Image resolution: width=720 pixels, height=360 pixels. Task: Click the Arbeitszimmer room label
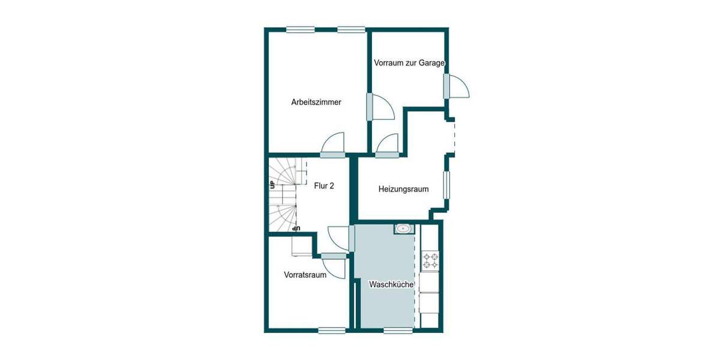pyautogui.click(x=316, y=102)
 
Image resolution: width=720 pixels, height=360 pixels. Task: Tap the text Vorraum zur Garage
pyautogui.click(x=409, y=62)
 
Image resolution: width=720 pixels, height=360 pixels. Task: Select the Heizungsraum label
pyautogui.click(x=403, y=189)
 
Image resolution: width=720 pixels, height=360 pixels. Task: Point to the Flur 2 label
pyautogui.click(x=324, y=186)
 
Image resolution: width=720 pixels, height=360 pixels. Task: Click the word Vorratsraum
pyautogui.click(x=305, y=275)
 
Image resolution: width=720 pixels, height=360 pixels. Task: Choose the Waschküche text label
pyautogui.click(x=391, y=285)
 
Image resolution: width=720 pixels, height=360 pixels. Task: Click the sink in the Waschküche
pyautogui.click(x=403, y=228)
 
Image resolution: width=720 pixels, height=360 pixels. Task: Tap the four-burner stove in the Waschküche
pyautogui.click(x=430, y=260)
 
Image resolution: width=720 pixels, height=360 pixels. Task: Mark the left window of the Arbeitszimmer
pyautogui.click(x=300, y=29)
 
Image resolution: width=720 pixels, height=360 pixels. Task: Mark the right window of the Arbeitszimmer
pyautogui.click(x=351, y=29)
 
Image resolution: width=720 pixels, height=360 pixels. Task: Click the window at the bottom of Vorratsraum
pyautogui.click(x=331, y=329)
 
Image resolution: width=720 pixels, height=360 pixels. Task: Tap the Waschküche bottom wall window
pyautogui.click(x=398, y=329)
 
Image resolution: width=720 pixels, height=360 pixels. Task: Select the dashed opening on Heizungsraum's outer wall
pyautogui.click(x=453, y=136)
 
